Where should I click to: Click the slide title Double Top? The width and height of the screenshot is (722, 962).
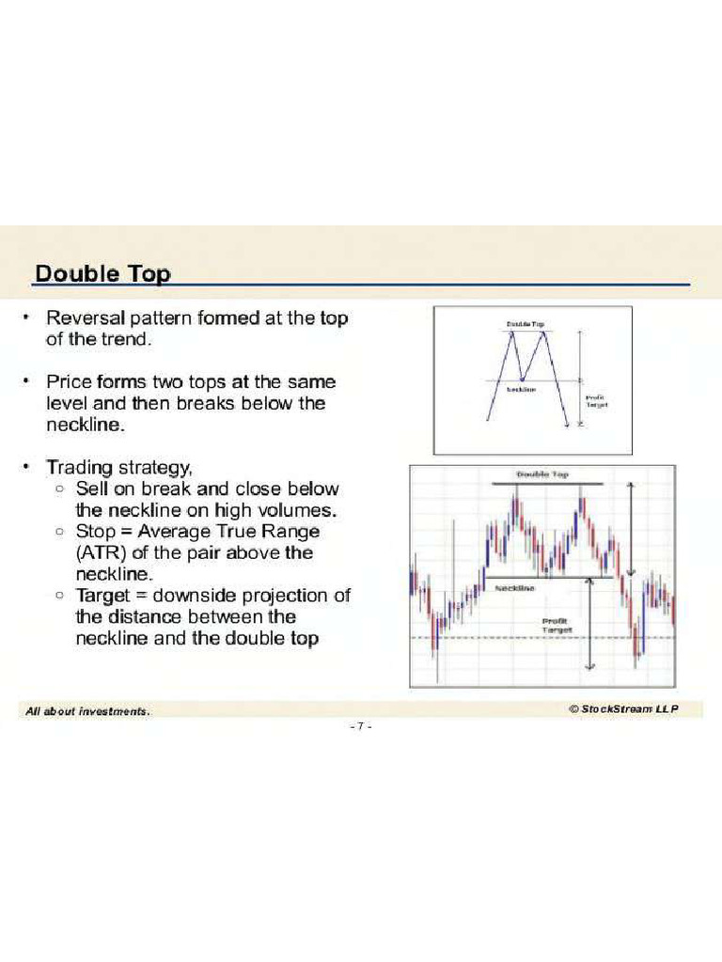[x=102, y=273]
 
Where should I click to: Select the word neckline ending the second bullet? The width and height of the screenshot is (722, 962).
[x=82, y=425]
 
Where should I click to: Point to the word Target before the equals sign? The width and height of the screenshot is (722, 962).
[x=106, y=596]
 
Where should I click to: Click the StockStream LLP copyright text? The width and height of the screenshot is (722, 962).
[x=621, y=709]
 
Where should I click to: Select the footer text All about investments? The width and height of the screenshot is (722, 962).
[x=87, y=712]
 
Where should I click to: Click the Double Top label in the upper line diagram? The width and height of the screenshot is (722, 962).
[x=526, y=324]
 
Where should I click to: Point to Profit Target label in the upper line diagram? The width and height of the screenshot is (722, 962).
[x=596, y=401]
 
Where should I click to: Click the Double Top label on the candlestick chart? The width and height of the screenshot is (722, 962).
[x=542, y=475]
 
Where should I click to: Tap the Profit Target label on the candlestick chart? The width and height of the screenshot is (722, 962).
[x=557, y=625]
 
